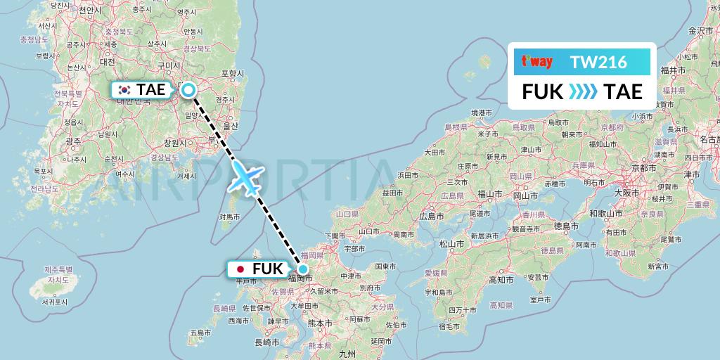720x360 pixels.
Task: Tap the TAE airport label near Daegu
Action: (151, 89)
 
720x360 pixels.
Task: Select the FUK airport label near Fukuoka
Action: (268, 269)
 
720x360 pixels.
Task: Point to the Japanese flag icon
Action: (240, 269)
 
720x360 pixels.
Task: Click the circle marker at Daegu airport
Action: (188, 89)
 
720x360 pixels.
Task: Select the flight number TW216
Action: (599, 62)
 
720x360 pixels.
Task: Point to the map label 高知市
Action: (500, 280)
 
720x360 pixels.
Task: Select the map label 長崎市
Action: (266, 342)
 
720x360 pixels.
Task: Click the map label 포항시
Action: (232, 73)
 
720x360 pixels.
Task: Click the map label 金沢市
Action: (700, 31)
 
